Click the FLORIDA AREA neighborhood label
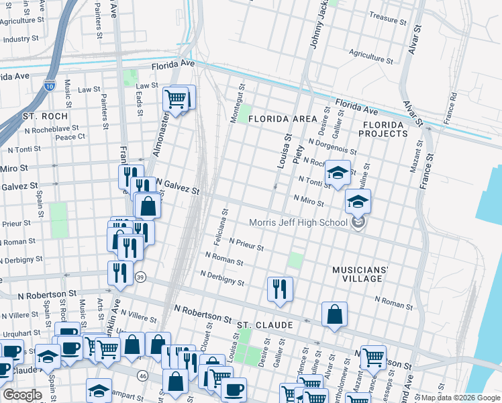coord(282,119)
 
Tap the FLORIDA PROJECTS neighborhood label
coord(385,130)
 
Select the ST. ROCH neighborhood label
coord(45,116)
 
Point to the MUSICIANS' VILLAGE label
coord(360,275)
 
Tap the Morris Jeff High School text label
coord(298,223)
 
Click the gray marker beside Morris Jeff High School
coord(359,222)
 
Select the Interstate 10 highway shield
coord(50,85)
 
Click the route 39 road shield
coord(140,277)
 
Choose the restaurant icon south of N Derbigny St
coord(279,288)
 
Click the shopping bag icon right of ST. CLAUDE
coord(334,314)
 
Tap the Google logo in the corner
coord(22,395)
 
